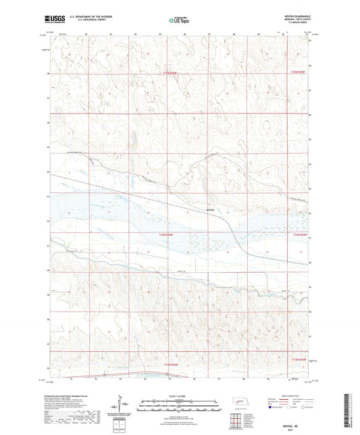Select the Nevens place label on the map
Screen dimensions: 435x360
[x=211, y=209]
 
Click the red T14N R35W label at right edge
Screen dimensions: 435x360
[x=300, y=234]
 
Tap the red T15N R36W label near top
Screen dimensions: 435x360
[x=173, y=73]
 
